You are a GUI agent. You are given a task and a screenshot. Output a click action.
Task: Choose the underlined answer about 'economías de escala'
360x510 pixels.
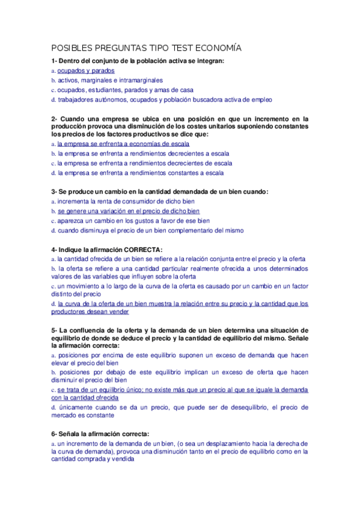click(123, 144)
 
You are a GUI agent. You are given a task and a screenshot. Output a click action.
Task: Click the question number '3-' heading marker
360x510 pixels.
click(55, 191)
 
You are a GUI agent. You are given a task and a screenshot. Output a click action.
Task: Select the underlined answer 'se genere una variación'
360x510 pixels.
click(129, 211)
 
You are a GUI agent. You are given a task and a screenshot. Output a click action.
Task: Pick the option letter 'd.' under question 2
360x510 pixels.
click(53, 173)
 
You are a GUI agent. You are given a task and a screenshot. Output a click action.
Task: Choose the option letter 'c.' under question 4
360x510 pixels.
click(53, 286)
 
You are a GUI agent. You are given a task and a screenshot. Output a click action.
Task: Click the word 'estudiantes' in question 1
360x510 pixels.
click(105, 90)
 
